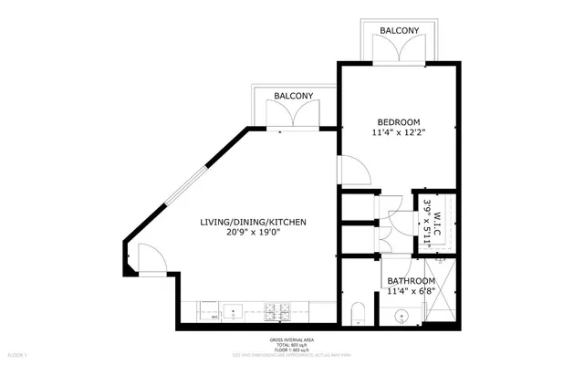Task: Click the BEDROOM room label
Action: pos(400,122)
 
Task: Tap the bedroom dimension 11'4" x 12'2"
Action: pos(400,134)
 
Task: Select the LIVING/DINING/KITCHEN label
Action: pos(253,222)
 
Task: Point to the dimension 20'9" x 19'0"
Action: pos(253,233)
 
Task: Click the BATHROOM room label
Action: pos(411,281)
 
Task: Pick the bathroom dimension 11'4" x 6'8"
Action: pos(411,292)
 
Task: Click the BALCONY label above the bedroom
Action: pos(400,30)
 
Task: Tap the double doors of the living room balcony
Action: pos(292,116)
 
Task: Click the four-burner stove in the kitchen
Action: pos(284,312)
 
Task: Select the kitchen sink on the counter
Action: pos(231,312)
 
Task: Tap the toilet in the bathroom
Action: pos(358,311)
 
